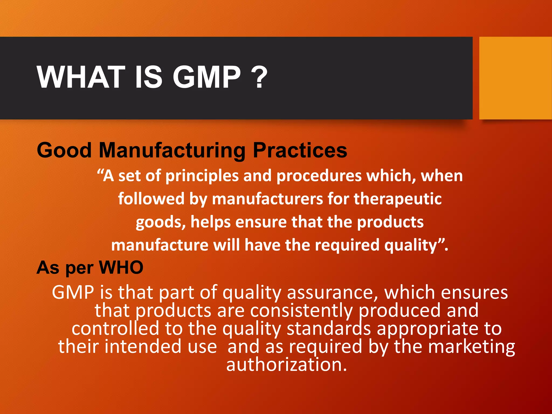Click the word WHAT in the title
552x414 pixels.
pyautogui.click(x=81, y=77)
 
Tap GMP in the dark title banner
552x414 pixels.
pyautogui.click(x=206, y=77)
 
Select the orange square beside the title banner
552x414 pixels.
pyautogui.click(x=515, y=78)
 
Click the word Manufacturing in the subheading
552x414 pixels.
pyautogui.click(x=172, y=150)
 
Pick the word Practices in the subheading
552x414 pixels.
pyautogui.click(x=300, y=150)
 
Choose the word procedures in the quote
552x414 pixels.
pyautogui.click(x=319, y=176)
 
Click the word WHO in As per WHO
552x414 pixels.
pyautogui.click(x=121, y=268)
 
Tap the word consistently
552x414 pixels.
pyautogui.click(x=301, y=310)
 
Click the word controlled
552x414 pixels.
pyautogui.click(x=115, y=329)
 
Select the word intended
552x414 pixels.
pyautogui.click(x=143, y=347)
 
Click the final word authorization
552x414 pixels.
pyautogui.click(x=286, y=365)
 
